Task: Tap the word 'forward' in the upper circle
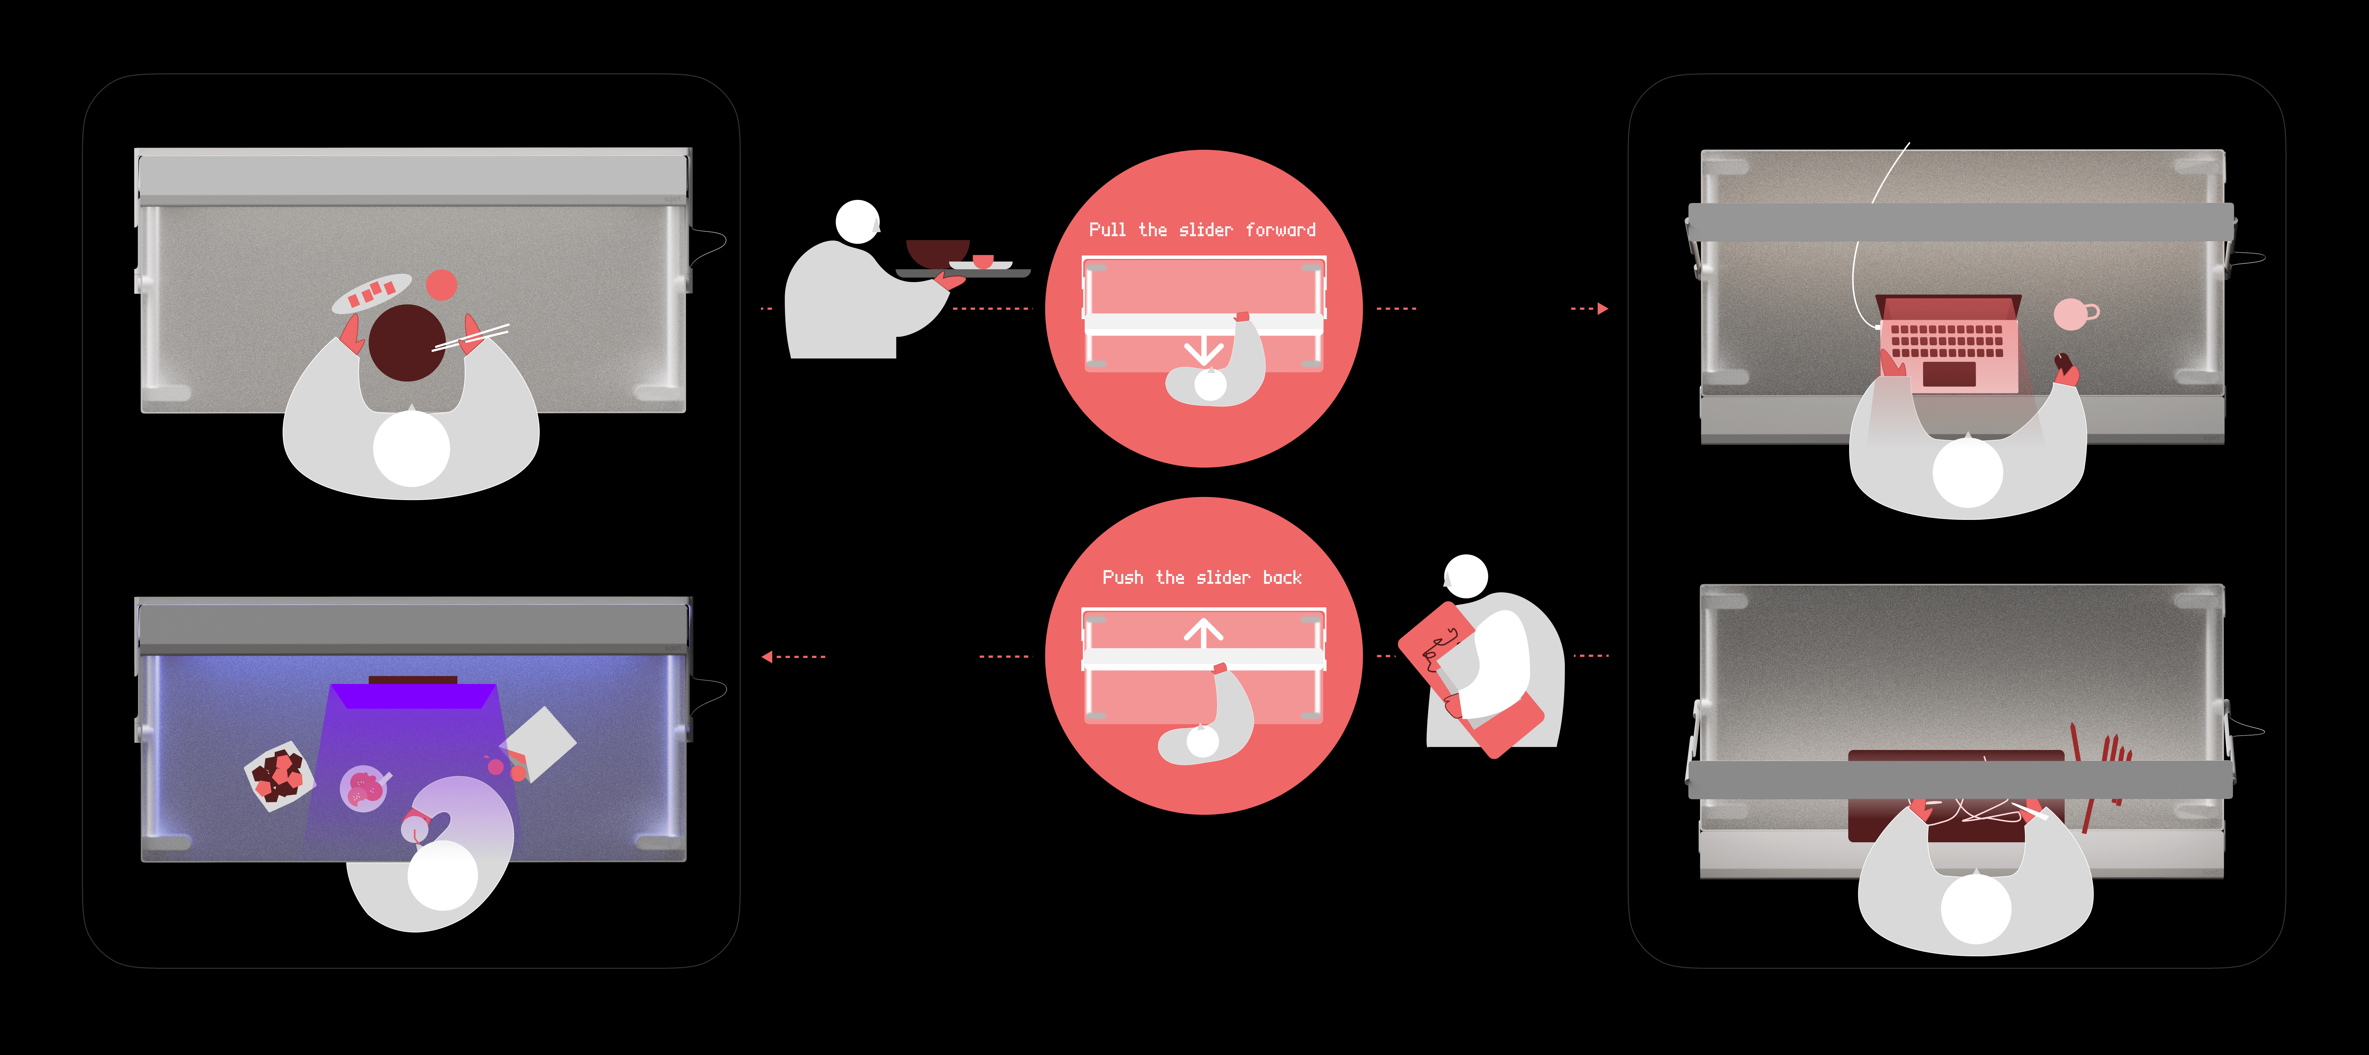pos(1280,230)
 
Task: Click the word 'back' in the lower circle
pos(1282,578)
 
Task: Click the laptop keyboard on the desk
pos(1947,340)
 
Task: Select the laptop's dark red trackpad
pos(1948,373)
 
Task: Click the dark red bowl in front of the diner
pos(406,342)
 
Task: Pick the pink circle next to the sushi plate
pos(441,285)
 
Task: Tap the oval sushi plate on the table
pos(372,292)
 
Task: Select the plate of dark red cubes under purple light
pos(279,775)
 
